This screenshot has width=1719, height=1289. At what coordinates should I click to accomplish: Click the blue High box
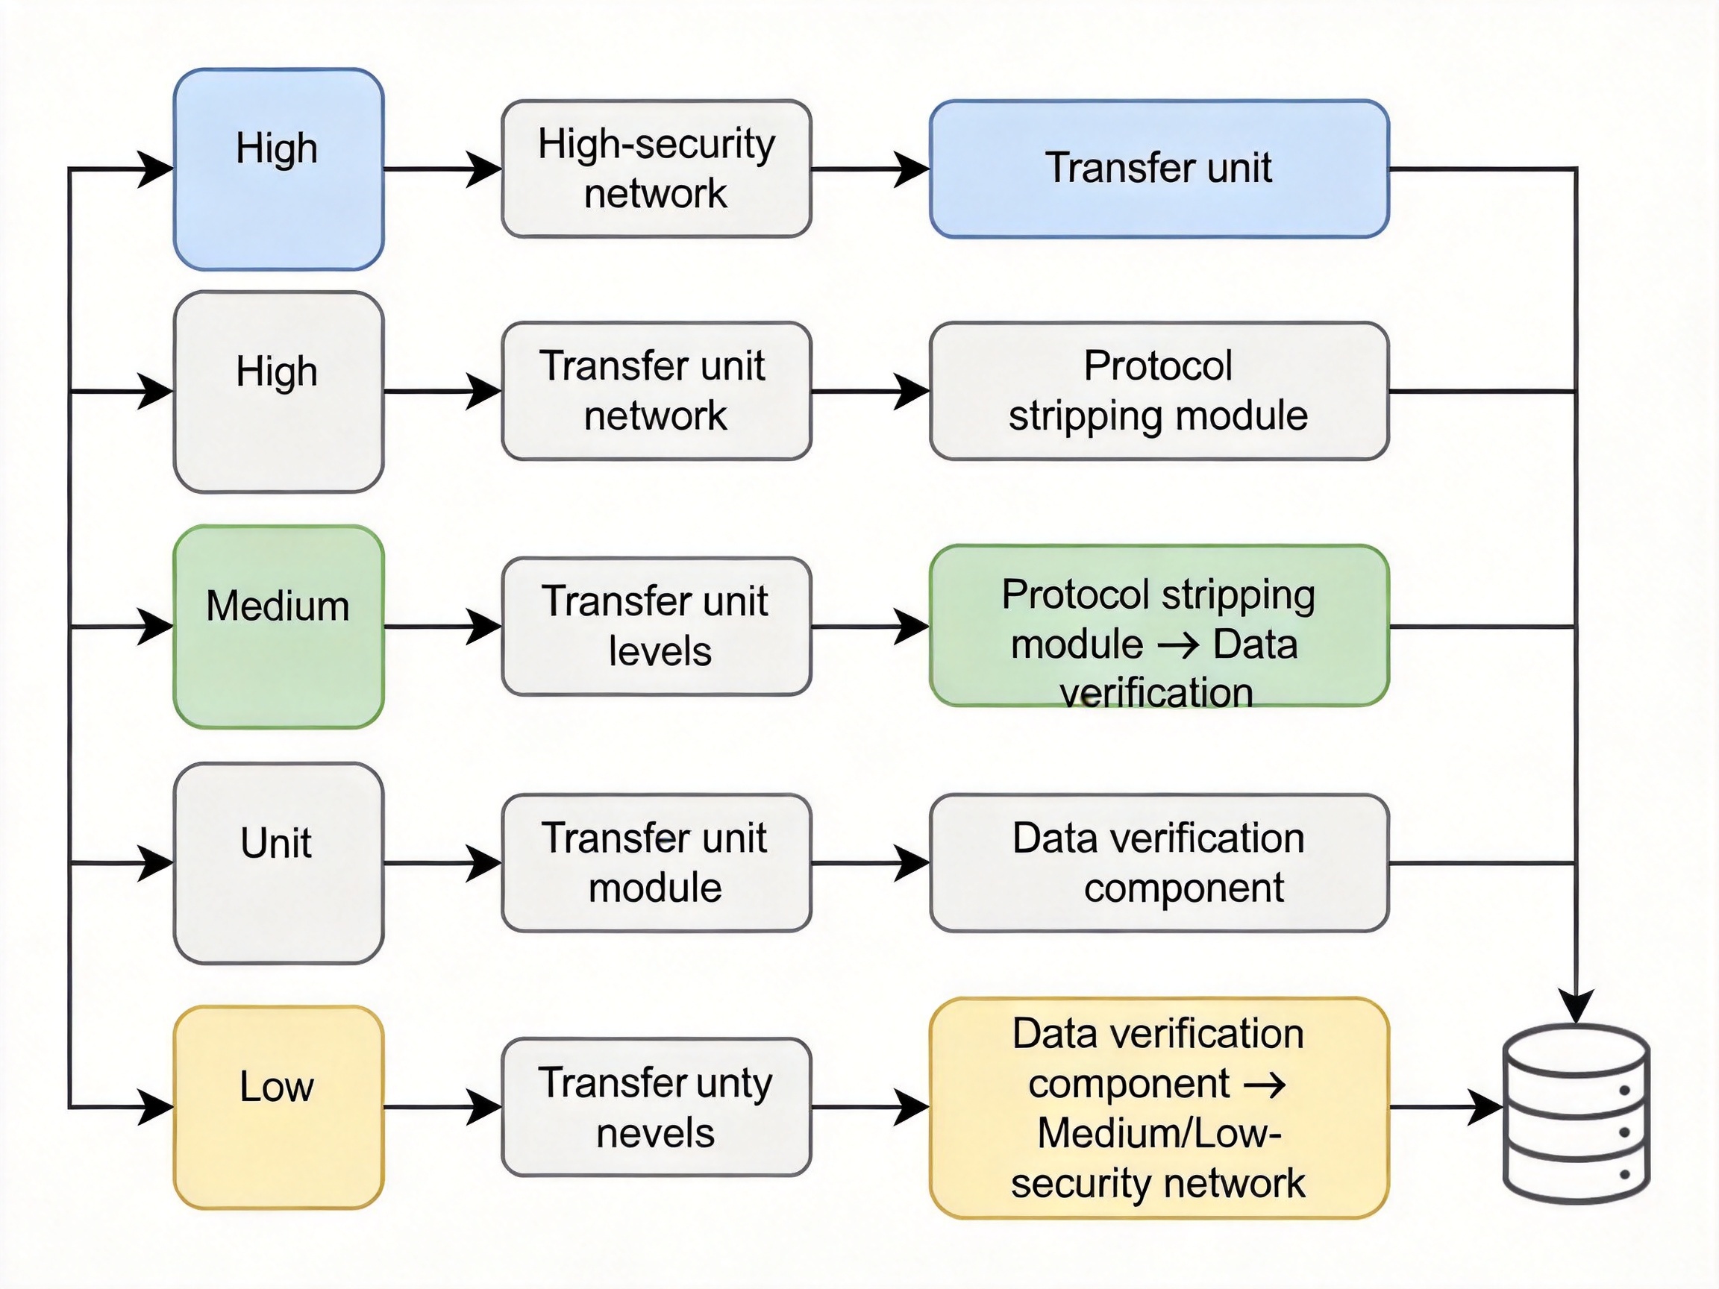tap(278, 169)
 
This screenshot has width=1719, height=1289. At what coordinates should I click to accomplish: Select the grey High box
tap(278, 392)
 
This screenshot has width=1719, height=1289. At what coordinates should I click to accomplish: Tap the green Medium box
tap(278, 627)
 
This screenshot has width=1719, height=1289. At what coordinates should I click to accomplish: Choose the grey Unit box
tap(278, 863)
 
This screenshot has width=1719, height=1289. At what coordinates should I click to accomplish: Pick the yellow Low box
tap(278, 1107)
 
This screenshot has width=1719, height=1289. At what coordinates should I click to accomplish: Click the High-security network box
tap(657, 169)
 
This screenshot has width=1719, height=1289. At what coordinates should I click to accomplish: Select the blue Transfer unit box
tap(1159, 169)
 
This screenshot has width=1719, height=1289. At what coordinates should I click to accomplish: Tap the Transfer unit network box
tap(657, 391)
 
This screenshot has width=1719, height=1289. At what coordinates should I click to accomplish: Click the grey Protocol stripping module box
tap(1159, 391)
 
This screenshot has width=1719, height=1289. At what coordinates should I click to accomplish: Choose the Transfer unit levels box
tap(657, 627)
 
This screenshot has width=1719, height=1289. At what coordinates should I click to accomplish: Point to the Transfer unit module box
tap(657, 862)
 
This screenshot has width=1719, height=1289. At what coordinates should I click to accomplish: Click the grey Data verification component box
tap(1159, 862)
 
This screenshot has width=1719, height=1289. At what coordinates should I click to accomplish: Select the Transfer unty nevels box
tap(657, 1107)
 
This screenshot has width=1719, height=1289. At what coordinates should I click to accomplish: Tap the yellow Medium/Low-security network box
tap(1159, 1108)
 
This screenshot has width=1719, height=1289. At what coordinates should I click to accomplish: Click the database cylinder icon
tap(1576, 1114)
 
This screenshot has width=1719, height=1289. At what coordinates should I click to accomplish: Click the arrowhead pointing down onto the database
tap(1576, 1007)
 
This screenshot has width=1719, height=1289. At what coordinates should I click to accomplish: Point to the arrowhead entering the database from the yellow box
tap(1485, 1107)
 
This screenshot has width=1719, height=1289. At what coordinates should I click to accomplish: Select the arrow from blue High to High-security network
tap(443, 169)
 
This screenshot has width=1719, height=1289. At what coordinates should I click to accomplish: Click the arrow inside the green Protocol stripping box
tap(1178, 645)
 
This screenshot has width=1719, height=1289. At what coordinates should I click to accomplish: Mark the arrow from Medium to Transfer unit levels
tap(443, 627)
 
